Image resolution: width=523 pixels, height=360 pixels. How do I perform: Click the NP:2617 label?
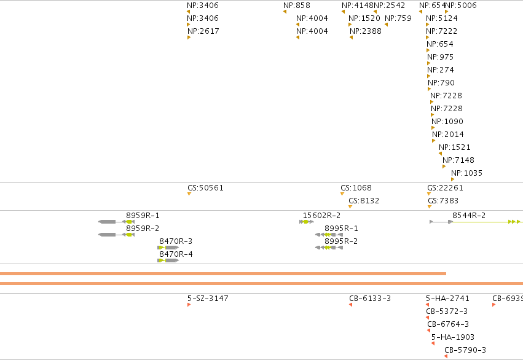[x=203, y=31]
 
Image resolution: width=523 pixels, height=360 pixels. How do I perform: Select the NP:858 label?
[x=296, y=6]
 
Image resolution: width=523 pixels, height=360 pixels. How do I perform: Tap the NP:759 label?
[x=398, y=18]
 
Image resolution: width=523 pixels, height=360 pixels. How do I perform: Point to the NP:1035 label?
[x=466, y=173]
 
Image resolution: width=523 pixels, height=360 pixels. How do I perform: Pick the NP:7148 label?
[x=458, y=160]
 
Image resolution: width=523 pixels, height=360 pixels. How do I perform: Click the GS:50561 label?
[x=205, y=187]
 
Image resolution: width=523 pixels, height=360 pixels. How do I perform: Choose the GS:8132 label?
[x=364, y=201]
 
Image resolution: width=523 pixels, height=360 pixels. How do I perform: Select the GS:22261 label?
[x=446, y=187]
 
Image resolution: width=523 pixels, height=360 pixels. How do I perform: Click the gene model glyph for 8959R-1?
[x=116, y=222]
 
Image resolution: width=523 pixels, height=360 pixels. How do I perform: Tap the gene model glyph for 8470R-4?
[x=168, y=260]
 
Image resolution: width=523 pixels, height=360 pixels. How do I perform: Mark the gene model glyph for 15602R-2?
[x=307, y=222]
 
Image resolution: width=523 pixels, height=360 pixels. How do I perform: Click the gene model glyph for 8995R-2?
[x=329, y=248]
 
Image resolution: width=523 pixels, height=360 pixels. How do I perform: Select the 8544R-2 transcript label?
[x=469, y=216]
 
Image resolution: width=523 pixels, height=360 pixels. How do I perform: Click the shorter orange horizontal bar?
[x=223, y=273]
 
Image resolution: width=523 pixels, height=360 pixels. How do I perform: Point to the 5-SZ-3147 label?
[x=208, y=299]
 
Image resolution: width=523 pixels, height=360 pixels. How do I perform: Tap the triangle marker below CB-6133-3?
[x=350, y=305]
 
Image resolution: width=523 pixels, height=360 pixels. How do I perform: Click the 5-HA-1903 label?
[x=452, y=337]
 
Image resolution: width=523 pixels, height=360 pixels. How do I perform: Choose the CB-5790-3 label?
[x=465, y=350]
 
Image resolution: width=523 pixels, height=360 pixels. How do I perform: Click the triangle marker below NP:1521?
[x=440, y=154]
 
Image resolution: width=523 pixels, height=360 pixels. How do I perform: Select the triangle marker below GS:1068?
[x=342, y=194]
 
